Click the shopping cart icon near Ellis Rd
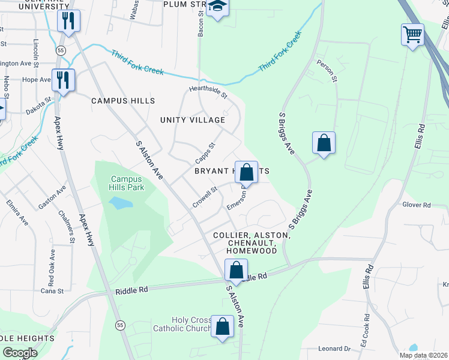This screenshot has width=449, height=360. coord(412,34)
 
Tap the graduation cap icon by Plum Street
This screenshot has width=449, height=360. coord(217,8)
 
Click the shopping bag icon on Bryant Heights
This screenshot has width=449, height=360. coord(246,173)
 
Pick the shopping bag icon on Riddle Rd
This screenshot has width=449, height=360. coord(236,270)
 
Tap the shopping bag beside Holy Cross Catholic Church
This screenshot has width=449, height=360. coord(222,328)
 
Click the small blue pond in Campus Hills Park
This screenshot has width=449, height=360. coord(121,203)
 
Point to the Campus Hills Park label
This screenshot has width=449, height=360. coord(126,183)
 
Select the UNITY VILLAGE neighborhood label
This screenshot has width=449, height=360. coord(192,120)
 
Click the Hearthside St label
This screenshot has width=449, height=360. coord(208,92)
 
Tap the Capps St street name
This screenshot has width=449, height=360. coord(205,154)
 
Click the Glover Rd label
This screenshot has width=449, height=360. coord(417,205)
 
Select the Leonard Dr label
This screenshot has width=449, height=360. coord(334,349)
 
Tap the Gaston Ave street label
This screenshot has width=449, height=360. coord(52,197)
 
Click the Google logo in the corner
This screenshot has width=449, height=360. coord(20,353)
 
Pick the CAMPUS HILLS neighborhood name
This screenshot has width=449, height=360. coord(123,101)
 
